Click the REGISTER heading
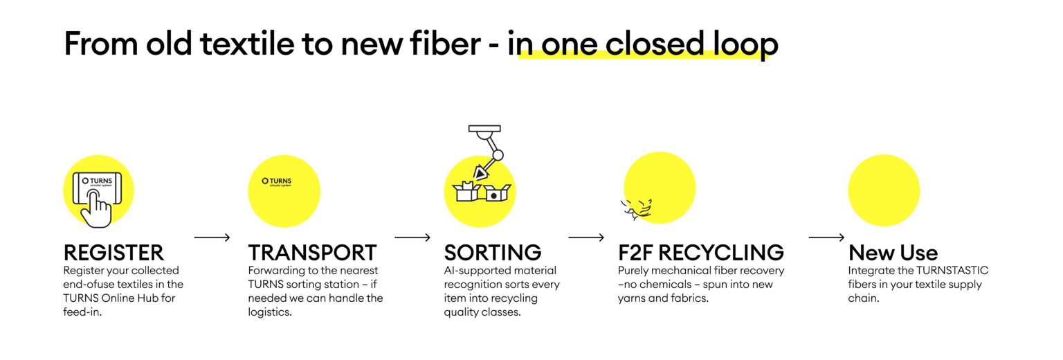(x=113, y=253)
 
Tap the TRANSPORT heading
(x=312, y=253)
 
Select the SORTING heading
(x=493, y=253)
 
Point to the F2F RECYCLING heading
(x=701, y=253)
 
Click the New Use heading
(x=893, y=253)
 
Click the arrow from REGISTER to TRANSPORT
(x=212, y=237)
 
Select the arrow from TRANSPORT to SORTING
(x=412, y=237)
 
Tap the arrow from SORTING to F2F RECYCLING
(x=586, y=237)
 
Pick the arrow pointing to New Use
(x=827, y=237)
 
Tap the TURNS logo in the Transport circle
(x=277, y=181)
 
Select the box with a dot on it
(x=497, y=193)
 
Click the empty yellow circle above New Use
(x=884, y=190)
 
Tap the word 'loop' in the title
(x=745, y=44)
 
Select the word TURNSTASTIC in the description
(x=952, y=270)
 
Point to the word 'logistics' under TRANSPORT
(x=270, y=312)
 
